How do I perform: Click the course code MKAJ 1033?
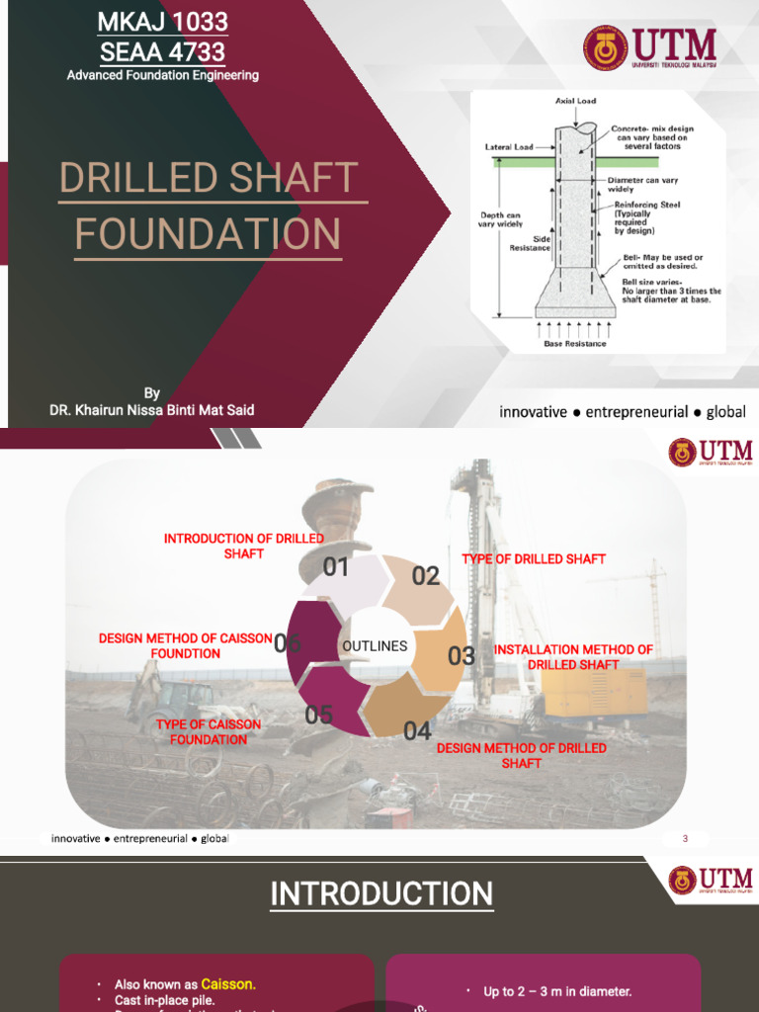click(x=163, y=22)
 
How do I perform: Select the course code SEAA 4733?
click(x=163, y=51)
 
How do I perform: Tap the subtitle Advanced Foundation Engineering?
click(x=163, y=76)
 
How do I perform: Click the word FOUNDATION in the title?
click(x=208, y=235)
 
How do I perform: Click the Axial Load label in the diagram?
click(x=575, y=102)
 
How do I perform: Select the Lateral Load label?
click(x=509, y=147)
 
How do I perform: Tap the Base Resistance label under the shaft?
click(x=573, y=344)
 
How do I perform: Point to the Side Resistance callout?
click(x=529, y=243)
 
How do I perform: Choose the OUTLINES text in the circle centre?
click(x=375, y=646)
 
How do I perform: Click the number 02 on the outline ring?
click(x=426, y=576)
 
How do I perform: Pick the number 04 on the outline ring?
click(x=417, y=731)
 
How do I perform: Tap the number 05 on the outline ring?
click(x=319, y=716)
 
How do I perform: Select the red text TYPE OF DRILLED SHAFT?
click(x=534, y=559)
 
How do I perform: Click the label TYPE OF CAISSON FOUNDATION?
click(x=209, y=732)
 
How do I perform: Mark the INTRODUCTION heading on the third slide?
click(x=381, y=894)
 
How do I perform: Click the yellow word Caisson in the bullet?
click(x=228, y=984)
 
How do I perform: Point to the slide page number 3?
click(x=685, y=839)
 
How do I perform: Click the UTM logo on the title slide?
click(x=649, y=47)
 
